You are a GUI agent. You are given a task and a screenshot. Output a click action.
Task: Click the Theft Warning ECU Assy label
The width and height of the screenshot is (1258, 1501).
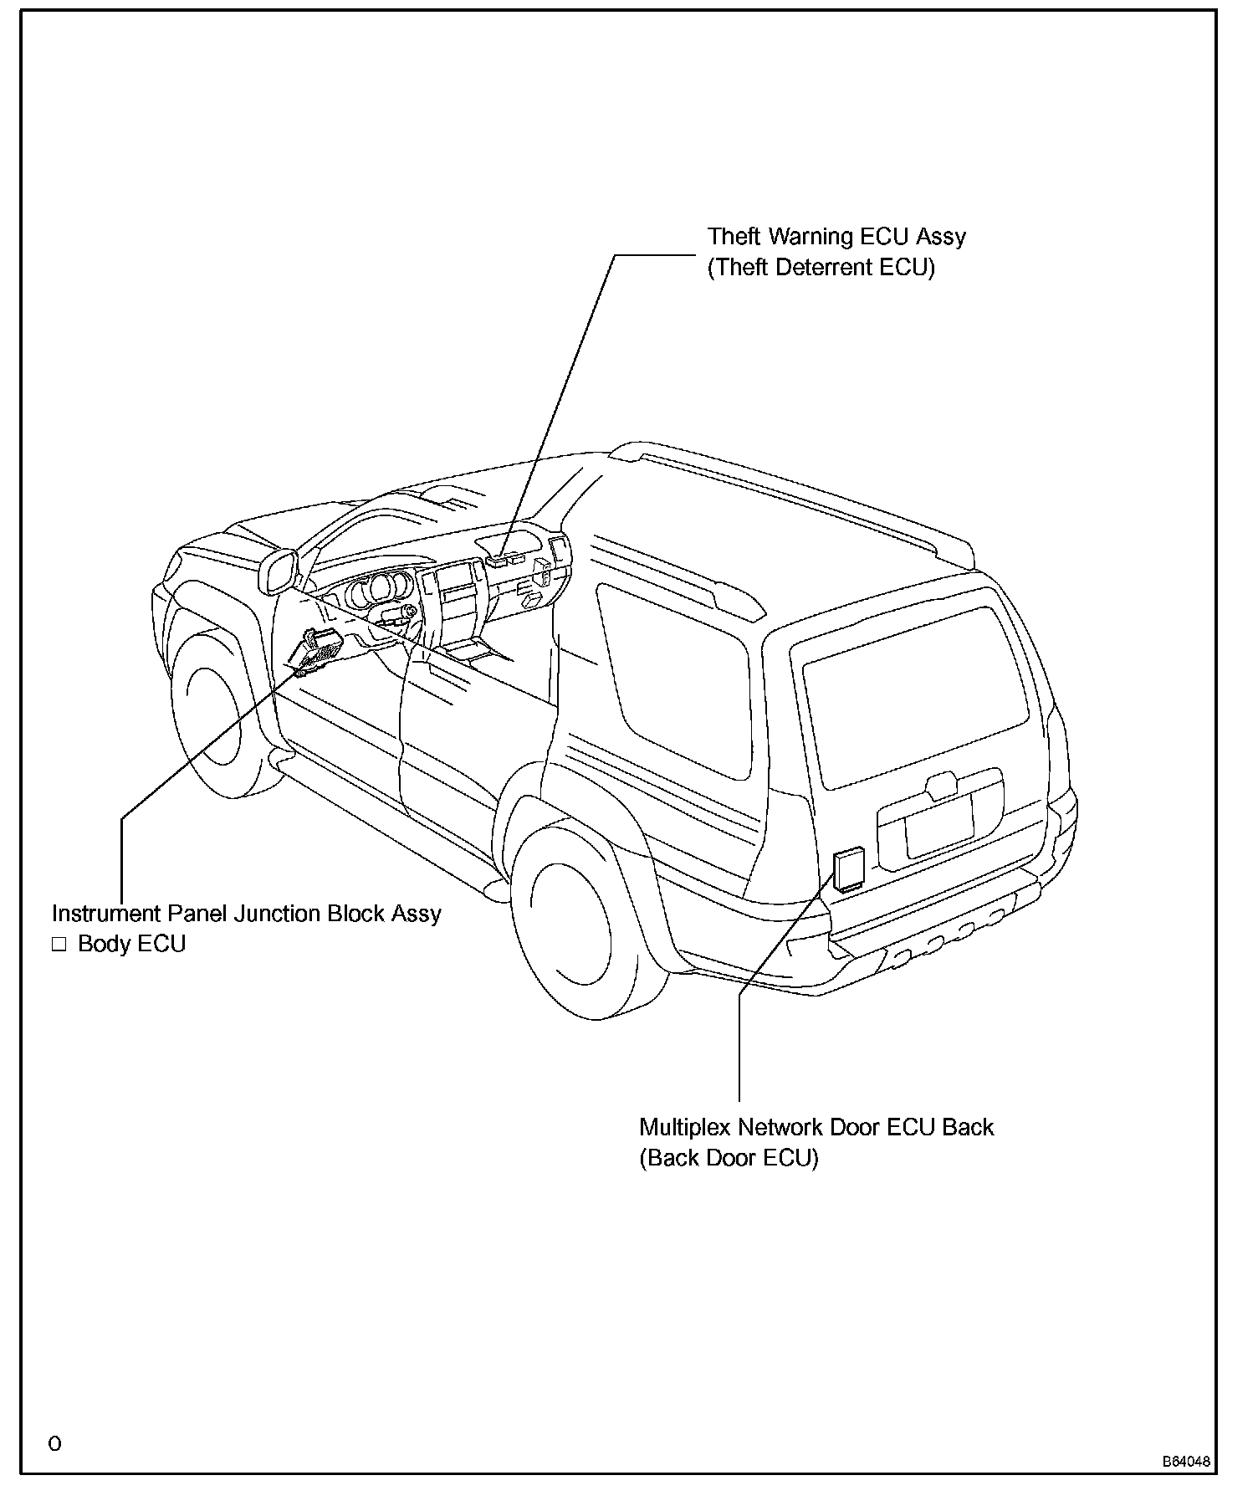tap(836, 237)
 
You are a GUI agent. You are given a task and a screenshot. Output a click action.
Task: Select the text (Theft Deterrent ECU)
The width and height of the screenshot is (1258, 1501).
tap(821, 268)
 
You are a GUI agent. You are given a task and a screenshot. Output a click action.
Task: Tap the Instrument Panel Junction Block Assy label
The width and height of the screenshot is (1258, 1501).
tap(246, 913)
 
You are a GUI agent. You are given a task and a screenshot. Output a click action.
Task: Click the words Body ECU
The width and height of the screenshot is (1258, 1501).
tap(131, 944)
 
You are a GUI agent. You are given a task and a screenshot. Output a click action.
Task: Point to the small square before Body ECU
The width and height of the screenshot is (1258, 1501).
tap(59, 945)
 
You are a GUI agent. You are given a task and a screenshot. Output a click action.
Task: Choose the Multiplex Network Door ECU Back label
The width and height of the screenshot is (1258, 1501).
tap(816, 1127)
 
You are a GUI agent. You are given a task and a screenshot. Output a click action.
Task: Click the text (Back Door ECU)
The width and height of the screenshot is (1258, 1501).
tap(729, 1158)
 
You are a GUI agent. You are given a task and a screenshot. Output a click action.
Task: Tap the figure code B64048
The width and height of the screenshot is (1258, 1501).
tap(1186, 1462)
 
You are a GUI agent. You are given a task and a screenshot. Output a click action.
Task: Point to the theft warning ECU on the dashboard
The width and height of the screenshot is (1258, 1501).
tap(504, 559)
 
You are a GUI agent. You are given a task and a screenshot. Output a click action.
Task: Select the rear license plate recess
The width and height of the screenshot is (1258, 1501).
tap(939, 823)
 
